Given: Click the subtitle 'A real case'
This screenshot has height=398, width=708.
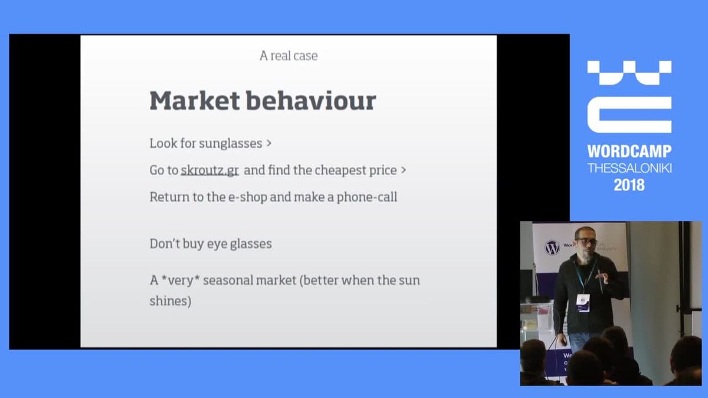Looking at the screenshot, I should click(x=289, y=56).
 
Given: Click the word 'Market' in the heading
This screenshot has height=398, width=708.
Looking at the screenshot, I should click(x=194, y=101).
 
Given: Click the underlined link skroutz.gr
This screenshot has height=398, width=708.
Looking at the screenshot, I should click(x=209, y=170).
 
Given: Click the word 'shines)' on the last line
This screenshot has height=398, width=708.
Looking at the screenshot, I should click(x=171, y=301).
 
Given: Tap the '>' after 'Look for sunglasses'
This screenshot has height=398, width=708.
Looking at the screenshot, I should click(x=269, y=143).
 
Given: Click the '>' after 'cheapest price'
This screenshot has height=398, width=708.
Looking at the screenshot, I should click(x=404, y=170).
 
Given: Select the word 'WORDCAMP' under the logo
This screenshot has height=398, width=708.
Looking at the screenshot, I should click(x=629, y=152).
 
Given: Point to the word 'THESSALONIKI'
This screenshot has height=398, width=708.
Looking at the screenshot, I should click(x=629, y=168).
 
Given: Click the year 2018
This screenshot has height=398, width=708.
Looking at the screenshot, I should click(x=629, y=185).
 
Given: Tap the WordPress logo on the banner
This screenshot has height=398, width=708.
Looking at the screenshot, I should click(x=552, y=247).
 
